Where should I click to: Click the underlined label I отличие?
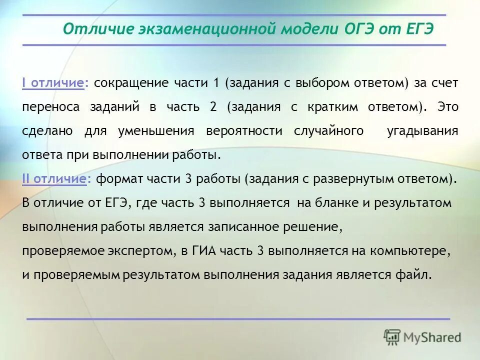[52, 83]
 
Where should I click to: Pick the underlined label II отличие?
[54, 179]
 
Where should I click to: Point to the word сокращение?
[131, 83]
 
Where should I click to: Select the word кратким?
[358, 107]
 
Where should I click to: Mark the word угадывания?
[422, 131]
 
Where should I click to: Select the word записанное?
[237, 227]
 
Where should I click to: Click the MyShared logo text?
[432, 337]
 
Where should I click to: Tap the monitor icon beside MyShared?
[392, 336]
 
